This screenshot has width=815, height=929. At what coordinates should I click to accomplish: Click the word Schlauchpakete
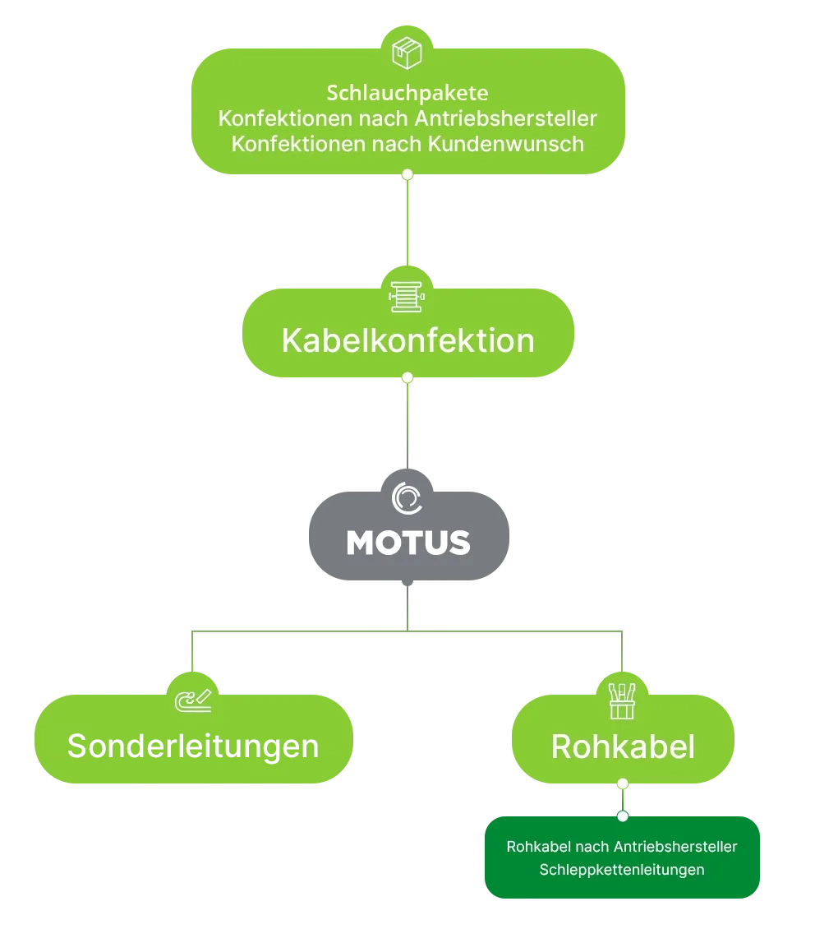tap(408, 92)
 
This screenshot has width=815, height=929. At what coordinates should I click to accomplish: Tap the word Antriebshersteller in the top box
tap(505, 118)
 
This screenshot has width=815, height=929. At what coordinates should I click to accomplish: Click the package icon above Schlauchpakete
tap(407, 52)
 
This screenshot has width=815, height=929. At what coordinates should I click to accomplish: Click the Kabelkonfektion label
tap(407, 340)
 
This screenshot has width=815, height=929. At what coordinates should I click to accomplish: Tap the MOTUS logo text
tap(408, 543)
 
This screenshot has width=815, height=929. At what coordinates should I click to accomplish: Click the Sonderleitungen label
tap(193, 746)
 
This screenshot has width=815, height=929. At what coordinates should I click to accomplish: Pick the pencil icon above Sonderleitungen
tap(195, 700)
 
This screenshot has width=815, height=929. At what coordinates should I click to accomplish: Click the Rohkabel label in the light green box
tap(623, 746)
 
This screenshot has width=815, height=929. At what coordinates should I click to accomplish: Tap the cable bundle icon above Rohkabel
tap(622, 700)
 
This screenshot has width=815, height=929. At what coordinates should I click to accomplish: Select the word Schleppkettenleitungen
tap(622, 870)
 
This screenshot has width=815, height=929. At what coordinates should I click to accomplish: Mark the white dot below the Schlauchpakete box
tap(407, 174)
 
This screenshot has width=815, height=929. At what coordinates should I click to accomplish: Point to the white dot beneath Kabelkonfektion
tap(407, 377)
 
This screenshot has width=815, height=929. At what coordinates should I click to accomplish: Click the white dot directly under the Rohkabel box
tap(623, 783)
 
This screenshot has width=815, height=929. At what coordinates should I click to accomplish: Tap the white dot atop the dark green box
tap(623, 816)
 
